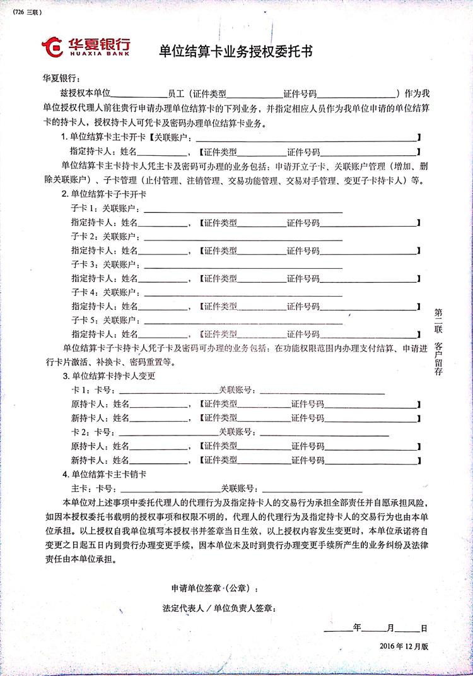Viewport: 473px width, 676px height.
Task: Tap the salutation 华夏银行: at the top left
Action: (59, 78)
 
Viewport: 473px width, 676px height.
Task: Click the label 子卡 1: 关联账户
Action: (107, 208)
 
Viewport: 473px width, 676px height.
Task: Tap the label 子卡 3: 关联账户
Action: (107, 264)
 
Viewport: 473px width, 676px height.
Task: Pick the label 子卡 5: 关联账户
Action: (107, 319)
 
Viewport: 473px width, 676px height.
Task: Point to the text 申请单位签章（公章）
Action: (214, 588)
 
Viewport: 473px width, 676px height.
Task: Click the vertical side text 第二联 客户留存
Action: (438, 341)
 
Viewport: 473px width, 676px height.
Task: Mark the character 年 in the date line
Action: (357, 629)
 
